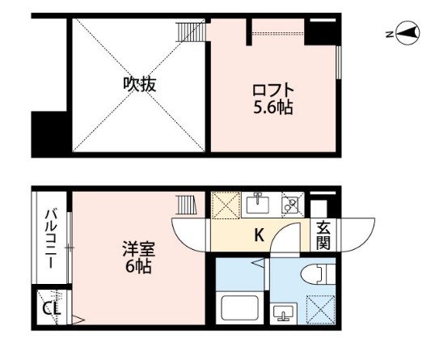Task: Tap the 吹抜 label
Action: [139, 83]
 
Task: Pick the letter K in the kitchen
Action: [260, 236]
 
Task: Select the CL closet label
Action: [49, 308]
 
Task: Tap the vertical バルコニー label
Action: [49, 239]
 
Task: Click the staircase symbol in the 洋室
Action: [188, 205]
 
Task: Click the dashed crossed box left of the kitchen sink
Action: [226, 205]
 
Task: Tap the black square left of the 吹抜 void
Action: [49, 133]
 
